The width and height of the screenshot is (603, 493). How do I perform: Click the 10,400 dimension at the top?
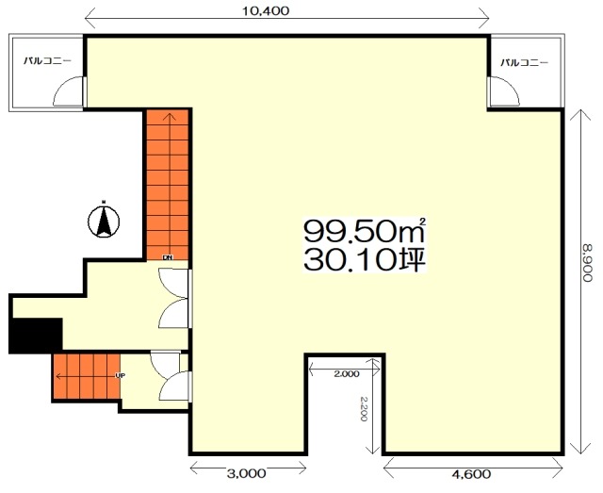click(x=266, y=10)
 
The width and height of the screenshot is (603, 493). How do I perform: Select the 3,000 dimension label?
click(x=246, y=473)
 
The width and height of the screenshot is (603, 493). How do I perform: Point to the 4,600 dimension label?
click(x=471, y=473)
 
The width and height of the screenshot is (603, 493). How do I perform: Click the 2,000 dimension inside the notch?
click(x=347, y=373)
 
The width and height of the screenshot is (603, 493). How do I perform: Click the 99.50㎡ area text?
click(x=365, y=230)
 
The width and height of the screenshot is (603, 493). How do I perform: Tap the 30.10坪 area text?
click(x=365, y=260)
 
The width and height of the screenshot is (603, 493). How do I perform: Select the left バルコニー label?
click(x=48, y=61)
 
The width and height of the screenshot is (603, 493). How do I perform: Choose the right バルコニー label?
click(x=525, y=63)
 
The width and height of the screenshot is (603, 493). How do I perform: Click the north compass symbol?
click(x=104, y=221)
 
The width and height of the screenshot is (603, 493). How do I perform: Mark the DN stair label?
click(x=168, y=258)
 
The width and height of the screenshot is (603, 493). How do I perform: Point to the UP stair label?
click(x=121, y=375)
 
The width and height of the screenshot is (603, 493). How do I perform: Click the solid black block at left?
click(x=36, y=335)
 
